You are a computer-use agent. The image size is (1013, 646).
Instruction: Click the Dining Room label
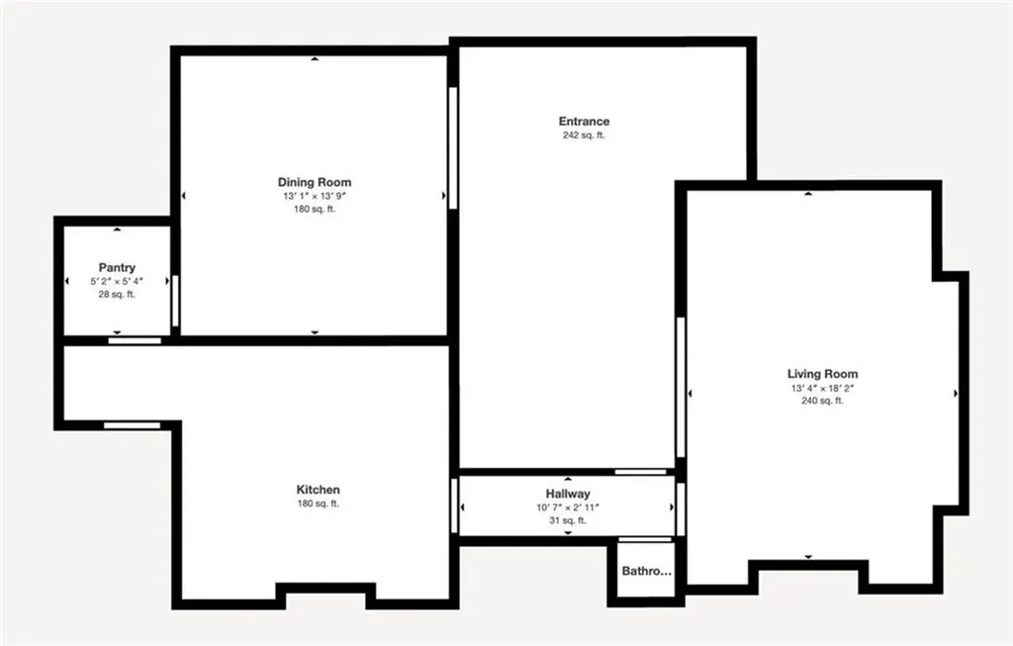314,182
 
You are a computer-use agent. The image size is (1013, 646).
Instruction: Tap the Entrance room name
584,122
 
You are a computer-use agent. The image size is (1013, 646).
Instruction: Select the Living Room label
822,374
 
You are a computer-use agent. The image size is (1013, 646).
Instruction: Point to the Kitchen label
319,490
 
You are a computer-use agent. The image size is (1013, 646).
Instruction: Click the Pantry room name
117,268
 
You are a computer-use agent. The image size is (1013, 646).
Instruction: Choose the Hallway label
568,494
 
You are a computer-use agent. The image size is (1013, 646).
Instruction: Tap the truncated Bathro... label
646,571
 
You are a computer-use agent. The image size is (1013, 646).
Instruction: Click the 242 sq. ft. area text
584,136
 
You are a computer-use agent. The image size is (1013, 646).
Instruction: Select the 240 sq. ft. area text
822,401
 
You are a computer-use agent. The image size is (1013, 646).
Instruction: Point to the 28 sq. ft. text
117,295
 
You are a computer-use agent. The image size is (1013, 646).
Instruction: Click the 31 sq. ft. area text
568,520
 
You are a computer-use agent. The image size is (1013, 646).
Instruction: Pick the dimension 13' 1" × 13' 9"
314,196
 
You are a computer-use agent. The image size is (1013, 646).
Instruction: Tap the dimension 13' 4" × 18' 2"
822,388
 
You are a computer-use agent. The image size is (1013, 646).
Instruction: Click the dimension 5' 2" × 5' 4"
117,282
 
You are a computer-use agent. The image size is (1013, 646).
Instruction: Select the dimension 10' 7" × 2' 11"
568,508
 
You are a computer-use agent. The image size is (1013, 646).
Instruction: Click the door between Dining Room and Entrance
452,148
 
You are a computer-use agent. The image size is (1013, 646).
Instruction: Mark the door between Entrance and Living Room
681,386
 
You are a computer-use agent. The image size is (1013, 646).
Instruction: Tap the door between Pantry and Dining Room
175,301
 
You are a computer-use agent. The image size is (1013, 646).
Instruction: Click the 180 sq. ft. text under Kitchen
319,504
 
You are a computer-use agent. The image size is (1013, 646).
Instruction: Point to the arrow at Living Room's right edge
956,394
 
